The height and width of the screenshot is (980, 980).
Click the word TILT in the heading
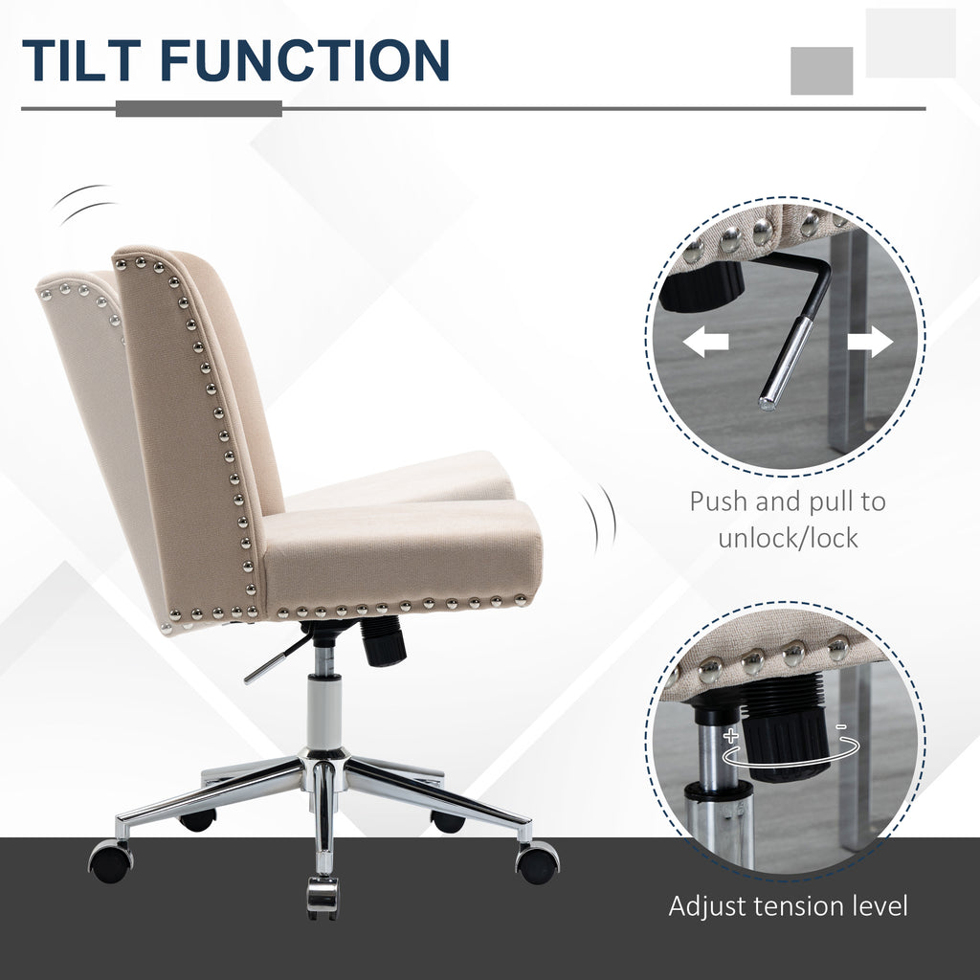[x=81, y=60]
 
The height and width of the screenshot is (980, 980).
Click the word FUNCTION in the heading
[x=305, y=60]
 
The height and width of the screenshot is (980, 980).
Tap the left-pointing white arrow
[x=705, y=343]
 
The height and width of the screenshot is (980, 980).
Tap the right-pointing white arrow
[x=870, y=343]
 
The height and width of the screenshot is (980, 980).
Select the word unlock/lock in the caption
[x=788, y=538]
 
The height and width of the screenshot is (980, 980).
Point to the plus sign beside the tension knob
[x=730, y=735]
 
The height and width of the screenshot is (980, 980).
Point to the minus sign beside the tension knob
[x=841, y=727]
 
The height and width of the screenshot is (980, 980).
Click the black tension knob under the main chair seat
[x=382, y=640]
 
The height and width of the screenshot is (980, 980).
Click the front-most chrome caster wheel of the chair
[x=323, y=897]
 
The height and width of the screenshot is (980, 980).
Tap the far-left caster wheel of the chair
[x=110, y=862]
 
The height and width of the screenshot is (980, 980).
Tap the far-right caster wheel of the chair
[x=538, y=863]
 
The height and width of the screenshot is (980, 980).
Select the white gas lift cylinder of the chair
[x=324, y=712]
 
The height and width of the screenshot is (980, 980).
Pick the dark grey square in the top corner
[x=822, y=71]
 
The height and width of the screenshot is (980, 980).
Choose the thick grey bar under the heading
[x=199, y=109]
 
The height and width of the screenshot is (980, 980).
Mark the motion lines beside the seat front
[x=600, y=519]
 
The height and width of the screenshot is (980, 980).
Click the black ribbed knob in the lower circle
[x=787, y=728]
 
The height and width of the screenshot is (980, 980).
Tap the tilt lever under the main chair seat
[x=278, y=657]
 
